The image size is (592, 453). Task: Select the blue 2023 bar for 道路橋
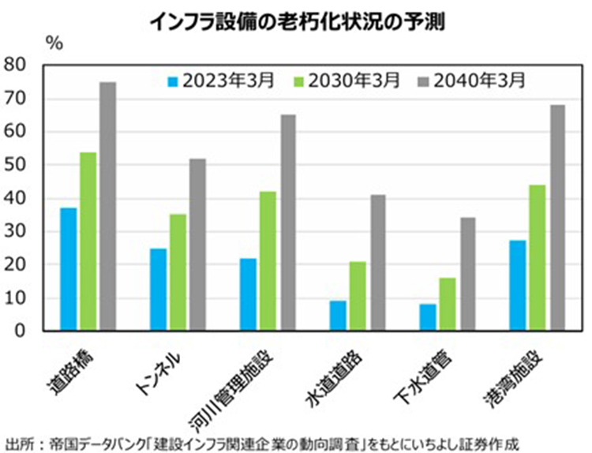click(x=68, y=269)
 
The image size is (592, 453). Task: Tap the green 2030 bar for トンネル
click(x=178, y=272)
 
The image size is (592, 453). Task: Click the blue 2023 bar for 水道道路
click(x=338, y=316)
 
